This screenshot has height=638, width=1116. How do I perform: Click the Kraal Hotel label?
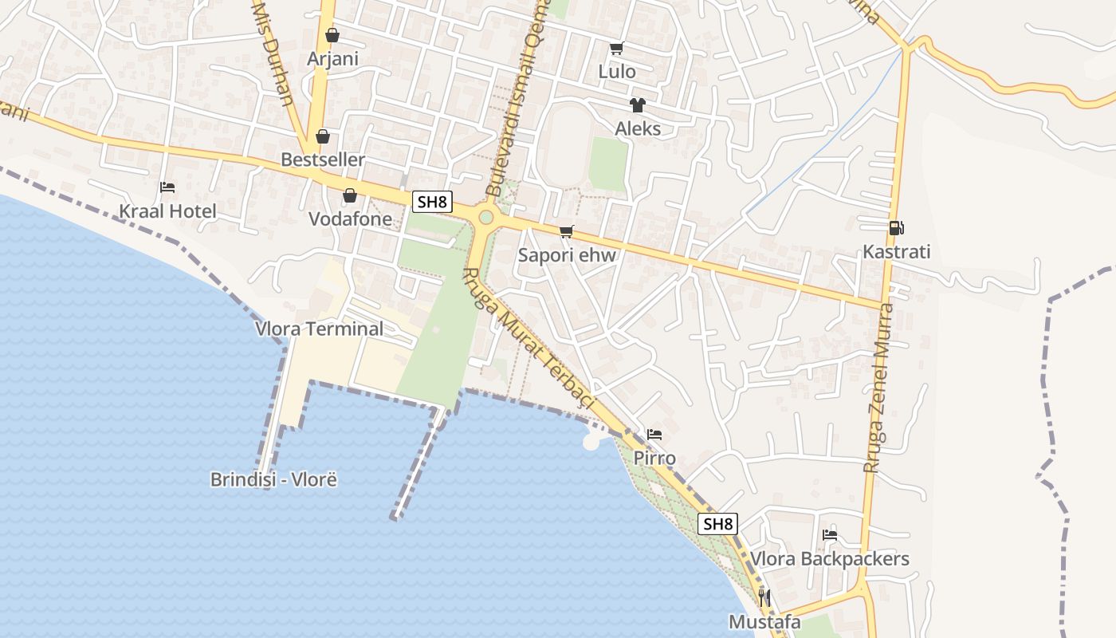(167, 211)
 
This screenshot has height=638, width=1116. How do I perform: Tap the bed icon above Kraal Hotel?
(167, 187)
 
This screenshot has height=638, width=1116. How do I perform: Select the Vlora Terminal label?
(319, 329)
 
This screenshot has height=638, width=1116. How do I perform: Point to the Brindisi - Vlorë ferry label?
(274, 480)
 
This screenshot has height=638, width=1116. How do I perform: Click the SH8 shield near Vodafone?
(432, 202)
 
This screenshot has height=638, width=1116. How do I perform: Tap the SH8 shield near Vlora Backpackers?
(717, 524)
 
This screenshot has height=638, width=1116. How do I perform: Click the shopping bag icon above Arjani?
(332, 36)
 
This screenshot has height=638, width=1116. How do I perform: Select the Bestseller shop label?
(323, 159)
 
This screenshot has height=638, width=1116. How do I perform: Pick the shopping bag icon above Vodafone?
(349, 195)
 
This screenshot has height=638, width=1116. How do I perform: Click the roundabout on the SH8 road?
(485, 217)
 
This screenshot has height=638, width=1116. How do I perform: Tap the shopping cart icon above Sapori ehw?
(566, 232)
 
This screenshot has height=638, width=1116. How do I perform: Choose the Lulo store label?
(617, 72)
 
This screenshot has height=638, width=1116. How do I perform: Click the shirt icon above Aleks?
(637, 104)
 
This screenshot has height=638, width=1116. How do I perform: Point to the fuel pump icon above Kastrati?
(897, 228)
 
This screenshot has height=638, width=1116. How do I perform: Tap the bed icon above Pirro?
(654, 435)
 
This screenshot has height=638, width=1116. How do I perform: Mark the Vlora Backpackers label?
(830, 559)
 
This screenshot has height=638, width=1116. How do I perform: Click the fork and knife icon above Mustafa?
(764, 597)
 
